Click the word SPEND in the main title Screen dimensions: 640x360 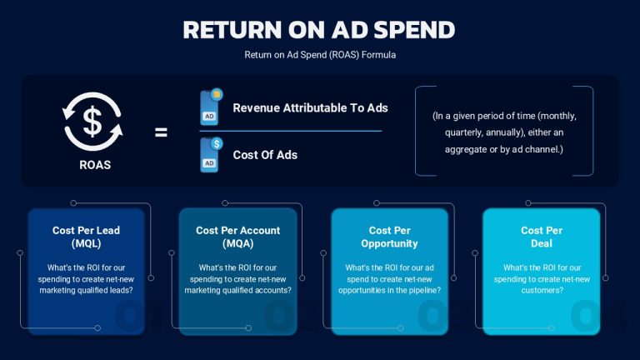click(414, 29)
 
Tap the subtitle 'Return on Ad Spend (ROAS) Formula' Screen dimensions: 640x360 click(320, 55)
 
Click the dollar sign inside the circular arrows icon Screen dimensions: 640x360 click(92, 121)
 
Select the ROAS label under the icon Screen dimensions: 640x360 click(95, 165)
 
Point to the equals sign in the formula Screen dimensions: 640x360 click(161, 132)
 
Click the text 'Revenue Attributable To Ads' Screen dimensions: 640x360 click(310, 107)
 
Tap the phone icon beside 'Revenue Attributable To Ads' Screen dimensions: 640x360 click(211, 107)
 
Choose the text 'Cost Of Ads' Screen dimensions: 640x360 click(265, 155)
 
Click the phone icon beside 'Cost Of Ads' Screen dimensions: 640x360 click(211, 155)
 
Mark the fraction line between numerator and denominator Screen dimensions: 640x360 click(291, 131)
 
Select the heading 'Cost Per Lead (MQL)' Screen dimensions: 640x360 click(86, 237)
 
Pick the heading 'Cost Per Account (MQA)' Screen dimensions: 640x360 click(238, 237)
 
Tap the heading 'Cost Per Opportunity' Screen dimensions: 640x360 click(389, 237)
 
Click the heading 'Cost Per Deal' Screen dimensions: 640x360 click(542, 237)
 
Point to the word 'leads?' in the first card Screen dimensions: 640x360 click(120, 290)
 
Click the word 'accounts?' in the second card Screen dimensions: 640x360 click(272, 290)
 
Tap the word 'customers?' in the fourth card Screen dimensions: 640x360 click(542, 290)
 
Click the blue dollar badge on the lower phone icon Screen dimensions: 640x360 click(217, 143)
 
